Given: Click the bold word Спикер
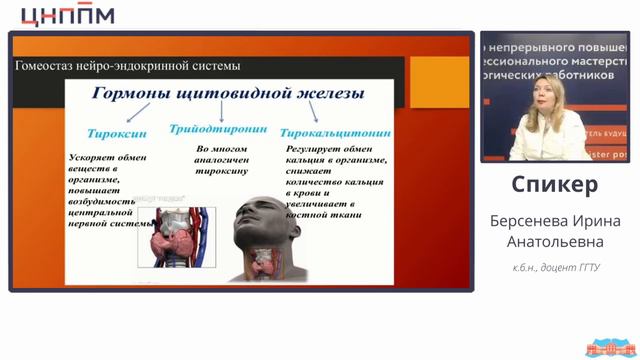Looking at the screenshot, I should click(554, 185).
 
